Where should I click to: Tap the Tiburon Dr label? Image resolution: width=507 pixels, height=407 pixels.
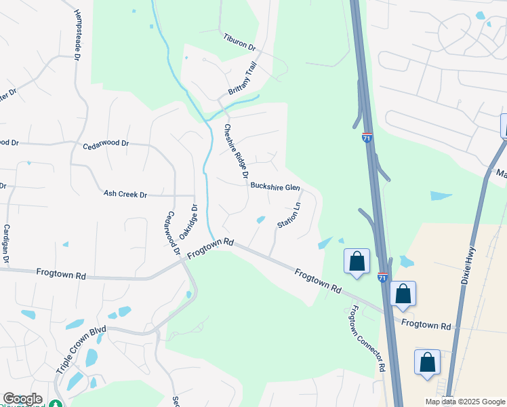coord(239,42)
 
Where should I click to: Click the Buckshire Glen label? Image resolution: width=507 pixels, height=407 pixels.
coord(275,187)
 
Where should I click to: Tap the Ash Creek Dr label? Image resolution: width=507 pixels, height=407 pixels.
coord(125,195)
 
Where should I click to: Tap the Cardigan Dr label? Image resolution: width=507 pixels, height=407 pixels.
coord(5,244)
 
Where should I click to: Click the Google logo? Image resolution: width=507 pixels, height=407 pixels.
coord(22,399)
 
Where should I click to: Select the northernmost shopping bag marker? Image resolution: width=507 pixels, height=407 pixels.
coord(357,262)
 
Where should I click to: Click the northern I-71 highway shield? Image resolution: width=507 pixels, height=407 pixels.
coord(367,138)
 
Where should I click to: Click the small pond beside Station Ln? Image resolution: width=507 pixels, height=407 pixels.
coord(260,219)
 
